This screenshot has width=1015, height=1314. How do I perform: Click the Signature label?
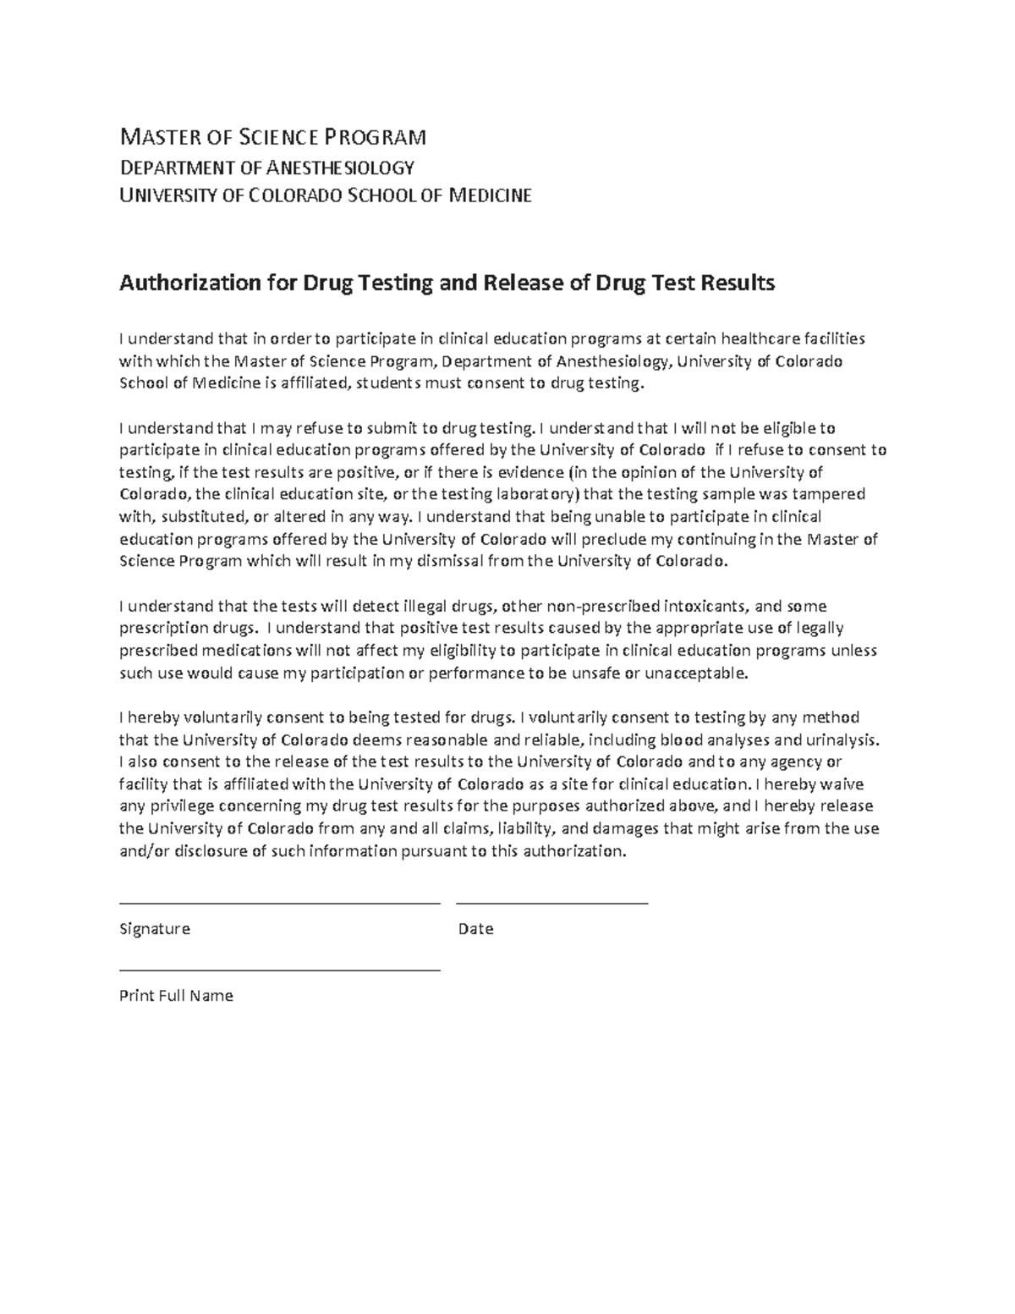pyautogui.click(x=155, y=929)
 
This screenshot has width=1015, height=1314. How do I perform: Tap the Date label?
pyautogui.click(x=475, y=929)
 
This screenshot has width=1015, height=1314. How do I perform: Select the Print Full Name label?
pyautogui.click(x=176, y=996)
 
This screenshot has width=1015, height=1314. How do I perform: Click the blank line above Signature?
pyautogui.click(x=279, y=903)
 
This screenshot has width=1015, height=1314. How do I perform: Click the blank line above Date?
pyautogui.click(x=551, y=903)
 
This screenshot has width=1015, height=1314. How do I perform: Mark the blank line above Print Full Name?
pyautogui.click(x=279, y=970)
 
